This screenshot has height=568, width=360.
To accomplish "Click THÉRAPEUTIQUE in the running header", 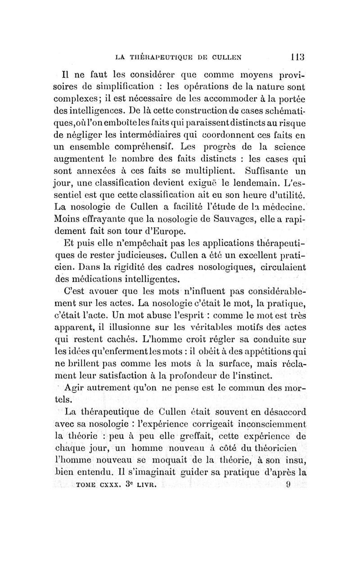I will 160,57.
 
